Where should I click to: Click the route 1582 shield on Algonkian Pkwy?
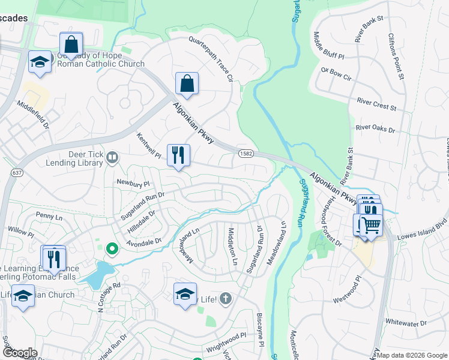[x=245, y=154]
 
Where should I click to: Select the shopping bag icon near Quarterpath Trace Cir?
[x=187, y=84]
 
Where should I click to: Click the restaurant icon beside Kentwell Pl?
[x=178, y=155]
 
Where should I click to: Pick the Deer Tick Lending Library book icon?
[x=112, y=157]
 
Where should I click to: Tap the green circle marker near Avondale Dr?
[x=111, y=248]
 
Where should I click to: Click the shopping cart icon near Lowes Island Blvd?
[x=371, y=226]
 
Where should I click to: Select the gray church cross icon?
[x=225, y=298]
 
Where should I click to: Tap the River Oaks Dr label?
[x=376, y=128]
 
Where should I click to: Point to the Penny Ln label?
[x=48, y=215]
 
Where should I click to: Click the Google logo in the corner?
[x=20, y=353]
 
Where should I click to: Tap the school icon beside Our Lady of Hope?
[x=40, y=62]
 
